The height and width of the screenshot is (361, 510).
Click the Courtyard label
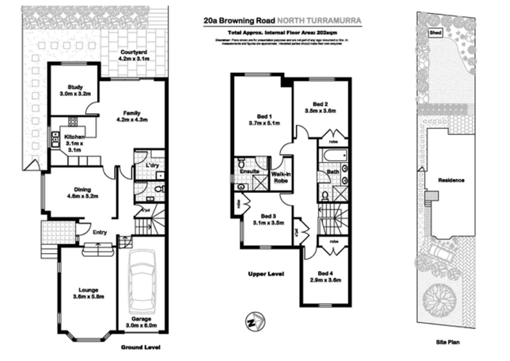coord(133,56)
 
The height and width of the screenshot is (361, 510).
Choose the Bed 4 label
coord(326,274)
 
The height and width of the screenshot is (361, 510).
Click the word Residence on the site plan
coord(451,180)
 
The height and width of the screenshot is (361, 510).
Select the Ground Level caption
coord(140,348)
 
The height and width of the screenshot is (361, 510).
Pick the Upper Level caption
coord(265,273)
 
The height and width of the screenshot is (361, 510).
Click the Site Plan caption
coord(449,342)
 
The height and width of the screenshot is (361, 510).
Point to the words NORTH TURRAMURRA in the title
coord(326,20)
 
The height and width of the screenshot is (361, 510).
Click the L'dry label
coord(152,166)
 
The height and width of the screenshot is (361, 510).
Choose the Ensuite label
coord(248,171)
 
